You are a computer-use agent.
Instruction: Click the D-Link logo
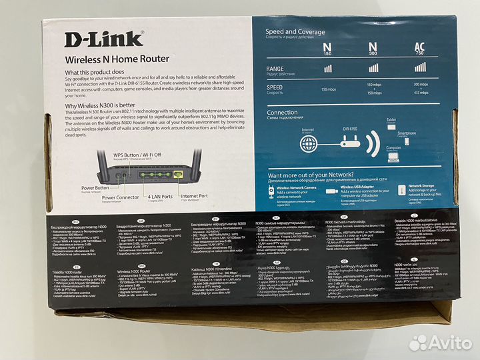(103, 39)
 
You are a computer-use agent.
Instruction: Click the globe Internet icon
(307, 141)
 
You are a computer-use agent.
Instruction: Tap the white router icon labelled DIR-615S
(349, 142)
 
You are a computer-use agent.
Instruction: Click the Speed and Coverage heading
(295, 31)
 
